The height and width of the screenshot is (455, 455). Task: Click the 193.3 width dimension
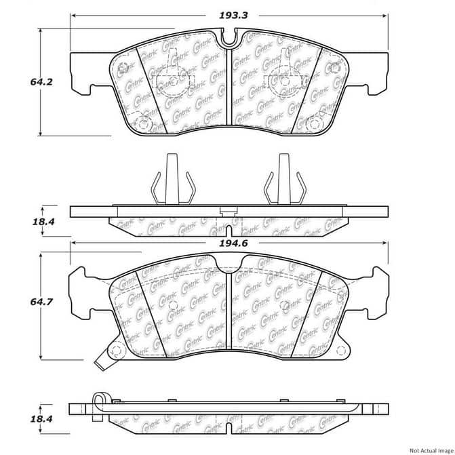point(233,15)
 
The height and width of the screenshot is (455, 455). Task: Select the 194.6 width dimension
point(233,243)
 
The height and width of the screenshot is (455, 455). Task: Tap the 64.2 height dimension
point(41,82)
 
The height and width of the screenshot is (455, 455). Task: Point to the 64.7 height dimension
point(41,302)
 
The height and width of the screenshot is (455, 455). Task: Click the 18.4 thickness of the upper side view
point(43,222)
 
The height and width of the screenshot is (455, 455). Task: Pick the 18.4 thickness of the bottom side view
point(41,419)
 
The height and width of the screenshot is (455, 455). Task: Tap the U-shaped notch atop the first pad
point(229,37)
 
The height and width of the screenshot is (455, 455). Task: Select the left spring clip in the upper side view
point(173,179)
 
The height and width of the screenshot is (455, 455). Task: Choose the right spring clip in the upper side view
point(284,179)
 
